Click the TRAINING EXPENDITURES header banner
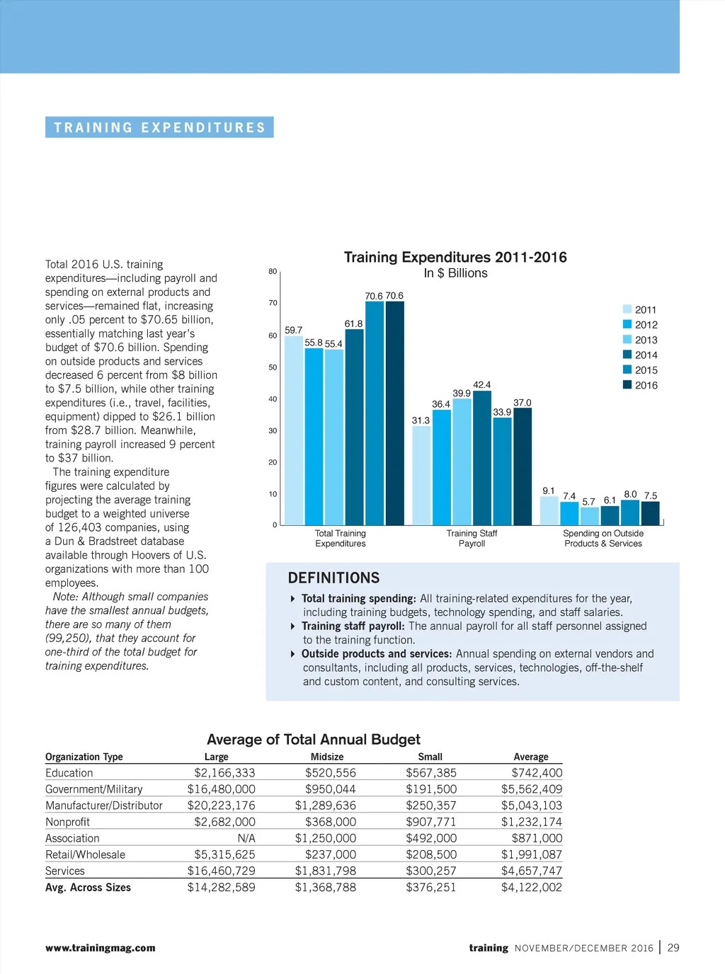click(x=159, y=127)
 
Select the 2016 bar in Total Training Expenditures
click(x=395, y=413)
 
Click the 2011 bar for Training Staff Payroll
click(x=421, y=475)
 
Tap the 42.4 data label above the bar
click(x=481, y=385)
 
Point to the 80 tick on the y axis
click(x=273, y=271)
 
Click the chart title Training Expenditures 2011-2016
click(x=455, y=258)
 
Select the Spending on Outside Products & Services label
click(x=603, y=539)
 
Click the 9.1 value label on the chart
click(x=549, y=491)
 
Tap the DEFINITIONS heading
click(x=333, y=578)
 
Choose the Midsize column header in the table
click(x=327, y=757)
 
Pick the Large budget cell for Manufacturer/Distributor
click(x=221, y=806)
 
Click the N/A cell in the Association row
click(x=246, y=838)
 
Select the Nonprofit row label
click(x=67, y=822)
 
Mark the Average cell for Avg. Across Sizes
click(x=531, y=888)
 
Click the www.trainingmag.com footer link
click(x=101, y=948)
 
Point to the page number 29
click(x=673, y=948)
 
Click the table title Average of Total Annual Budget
click(x=313, y=740)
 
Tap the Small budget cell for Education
click(x=431, y=773)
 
